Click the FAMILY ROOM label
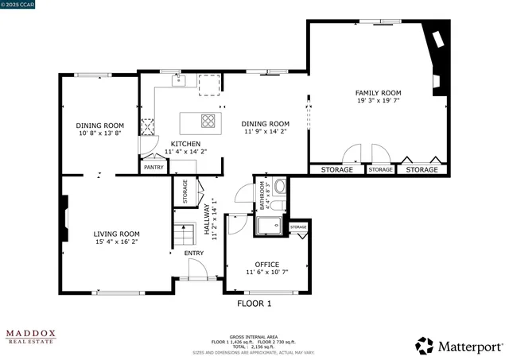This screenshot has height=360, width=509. pos(378,93)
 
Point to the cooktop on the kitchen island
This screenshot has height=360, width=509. pos(208,122)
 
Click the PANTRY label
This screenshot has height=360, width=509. pos(153,168)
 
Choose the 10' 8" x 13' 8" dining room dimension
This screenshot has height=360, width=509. pos(100,134)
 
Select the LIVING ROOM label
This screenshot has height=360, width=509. pos(117,234)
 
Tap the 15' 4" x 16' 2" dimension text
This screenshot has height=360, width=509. pos(117,242)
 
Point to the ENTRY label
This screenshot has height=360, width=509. pos(194,254)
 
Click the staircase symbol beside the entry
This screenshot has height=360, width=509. pos(185,235)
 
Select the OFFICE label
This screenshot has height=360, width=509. pos(266,264)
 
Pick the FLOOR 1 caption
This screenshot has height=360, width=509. pos(254,304)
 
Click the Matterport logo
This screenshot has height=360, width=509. pos(459,346)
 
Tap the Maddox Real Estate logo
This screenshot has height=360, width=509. pos(31,337)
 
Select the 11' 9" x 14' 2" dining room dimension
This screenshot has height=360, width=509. pos(265,132)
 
